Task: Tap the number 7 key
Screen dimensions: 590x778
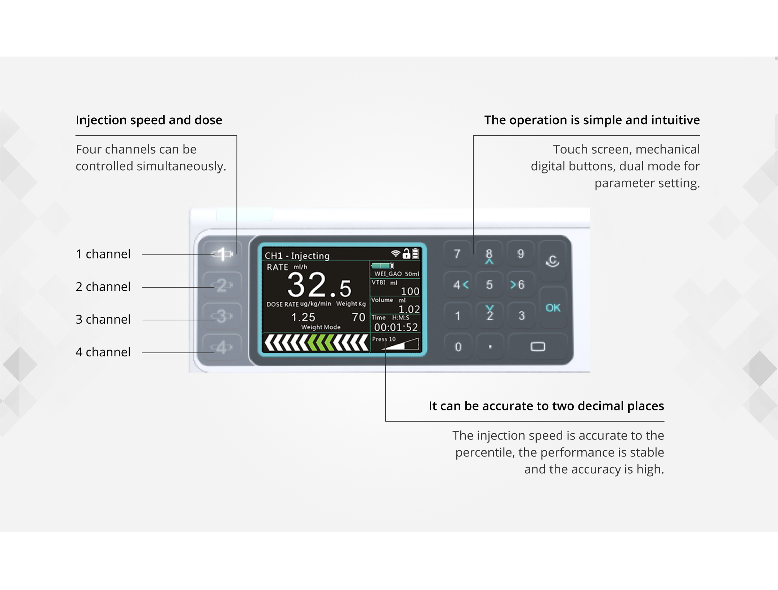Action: (x=457, y=254)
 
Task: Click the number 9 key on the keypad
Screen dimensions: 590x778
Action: (x=520, y=254)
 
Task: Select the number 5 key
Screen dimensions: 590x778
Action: (x=489, y=285)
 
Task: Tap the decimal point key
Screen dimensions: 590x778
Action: (x=490, y=347)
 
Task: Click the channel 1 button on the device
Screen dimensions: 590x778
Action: (x=222, y=254)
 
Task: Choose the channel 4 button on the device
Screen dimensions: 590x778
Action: (x=222, y=348)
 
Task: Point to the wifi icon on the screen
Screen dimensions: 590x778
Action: (x=395, y=253)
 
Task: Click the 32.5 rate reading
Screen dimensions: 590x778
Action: (x=319, y=285)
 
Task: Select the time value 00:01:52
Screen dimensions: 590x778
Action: (x=396, y=327)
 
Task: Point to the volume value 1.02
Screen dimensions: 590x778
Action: (x=409, y=309)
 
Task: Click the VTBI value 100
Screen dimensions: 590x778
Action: (x=410, y=291)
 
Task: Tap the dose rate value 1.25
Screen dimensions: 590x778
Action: (x=303, y=317)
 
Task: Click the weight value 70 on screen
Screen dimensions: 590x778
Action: (x=358, y=317)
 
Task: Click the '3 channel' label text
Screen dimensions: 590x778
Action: (x=103, y=319)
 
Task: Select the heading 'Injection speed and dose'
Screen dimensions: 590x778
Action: (x=149, y=120)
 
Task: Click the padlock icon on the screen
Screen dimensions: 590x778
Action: (x=406, y=253)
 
